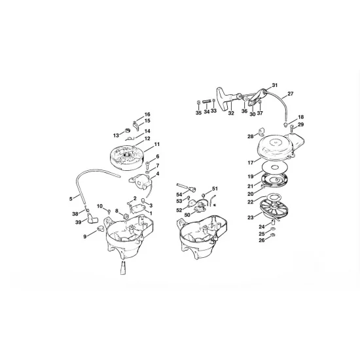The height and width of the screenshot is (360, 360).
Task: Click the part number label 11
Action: pos(157,143)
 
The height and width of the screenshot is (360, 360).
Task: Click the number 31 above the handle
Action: pos(275,85)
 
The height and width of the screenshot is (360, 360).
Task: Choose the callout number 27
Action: pos(291,95)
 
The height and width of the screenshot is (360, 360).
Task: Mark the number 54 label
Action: pos(179,194)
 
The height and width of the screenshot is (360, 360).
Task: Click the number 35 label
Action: pos(198,112)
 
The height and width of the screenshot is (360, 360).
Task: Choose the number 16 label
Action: pos(147,114)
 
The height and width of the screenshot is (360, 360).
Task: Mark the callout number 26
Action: pos(262,240)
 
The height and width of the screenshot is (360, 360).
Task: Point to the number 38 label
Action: pos(75,213)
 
